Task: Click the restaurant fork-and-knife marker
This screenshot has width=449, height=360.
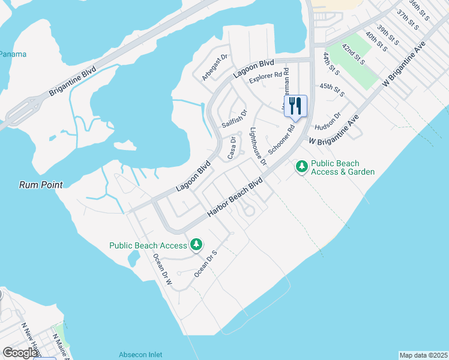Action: [295, 106]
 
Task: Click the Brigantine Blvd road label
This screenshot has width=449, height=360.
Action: [73, 79]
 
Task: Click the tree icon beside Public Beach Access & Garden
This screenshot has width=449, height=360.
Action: [302, 167]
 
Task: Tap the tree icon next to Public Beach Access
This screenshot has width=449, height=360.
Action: [196, 245]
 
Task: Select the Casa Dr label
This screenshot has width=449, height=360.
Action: [231, 148]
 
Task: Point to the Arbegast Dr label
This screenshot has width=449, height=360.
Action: [215, 68]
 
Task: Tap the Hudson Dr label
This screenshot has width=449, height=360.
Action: [328, 121]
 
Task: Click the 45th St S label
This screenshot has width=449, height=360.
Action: [332, 89]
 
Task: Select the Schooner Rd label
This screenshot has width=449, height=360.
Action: [282, 140]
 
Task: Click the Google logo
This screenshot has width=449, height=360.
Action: [20, 353]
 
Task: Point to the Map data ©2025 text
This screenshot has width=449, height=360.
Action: [423, 355]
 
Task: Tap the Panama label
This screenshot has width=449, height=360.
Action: [13, 54]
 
